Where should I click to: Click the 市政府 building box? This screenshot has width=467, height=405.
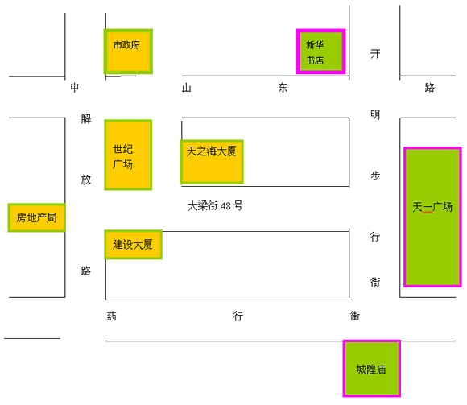pos(128,52)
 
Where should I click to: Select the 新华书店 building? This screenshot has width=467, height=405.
pos(320,52)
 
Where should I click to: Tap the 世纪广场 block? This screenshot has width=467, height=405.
pos(128,155)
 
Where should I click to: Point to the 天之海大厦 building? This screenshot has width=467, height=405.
pos(212,162)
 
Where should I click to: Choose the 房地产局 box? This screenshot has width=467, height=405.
pos(36,217)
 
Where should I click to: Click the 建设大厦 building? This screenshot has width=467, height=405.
pos(133,245)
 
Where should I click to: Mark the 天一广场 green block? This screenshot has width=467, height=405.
pos(432,217)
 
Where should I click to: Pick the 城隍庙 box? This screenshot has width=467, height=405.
pos(371,369)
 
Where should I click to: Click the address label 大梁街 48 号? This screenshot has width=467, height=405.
pos(215,206)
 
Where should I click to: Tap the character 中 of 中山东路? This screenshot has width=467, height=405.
pos(75,88)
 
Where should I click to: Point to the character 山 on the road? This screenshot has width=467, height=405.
pos(187,88)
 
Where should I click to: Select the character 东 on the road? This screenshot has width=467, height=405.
pos(283,88)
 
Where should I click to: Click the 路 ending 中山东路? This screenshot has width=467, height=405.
pos(429,88)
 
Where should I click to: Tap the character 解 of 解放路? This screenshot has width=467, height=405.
pos(86,119)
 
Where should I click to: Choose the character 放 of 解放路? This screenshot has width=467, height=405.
pos(86,180)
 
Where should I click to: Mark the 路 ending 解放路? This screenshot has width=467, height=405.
pos(86,271)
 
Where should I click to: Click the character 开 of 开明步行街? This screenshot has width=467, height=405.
pos(375,54)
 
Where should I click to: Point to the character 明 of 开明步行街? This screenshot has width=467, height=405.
pos(375,114)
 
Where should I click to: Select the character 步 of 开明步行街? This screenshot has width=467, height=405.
pos(375,176)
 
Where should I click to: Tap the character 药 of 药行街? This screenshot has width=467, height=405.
pos(112,316)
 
